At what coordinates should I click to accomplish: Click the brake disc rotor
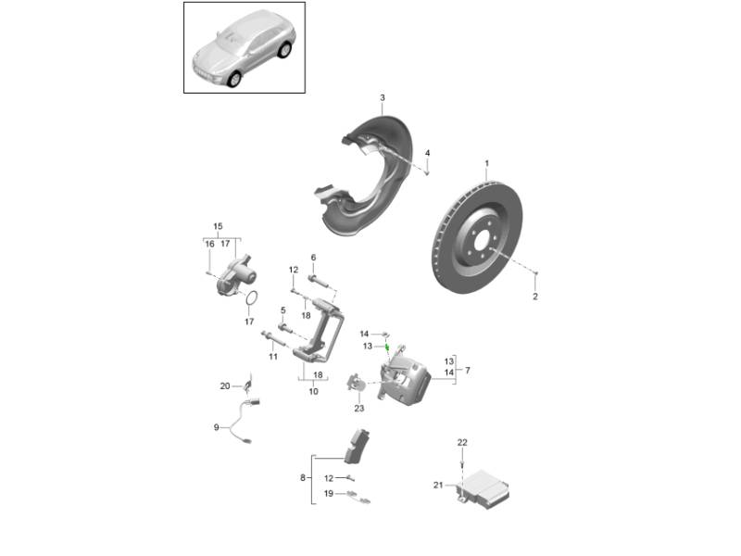coord(477,236)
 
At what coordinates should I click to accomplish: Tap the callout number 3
coord(383,98)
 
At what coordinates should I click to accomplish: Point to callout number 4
coord(427,153)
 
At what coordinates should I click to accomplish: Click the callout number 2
coord(535,297)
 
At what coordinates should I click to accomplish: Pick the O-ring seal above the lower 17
coord(252,298)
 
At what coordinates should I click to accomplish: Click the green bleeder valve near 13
coord(386,347)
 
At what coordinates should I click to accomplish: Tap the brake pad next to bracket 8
coord(357,447)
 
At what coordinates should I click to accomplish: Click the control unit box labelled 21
coord(484,488)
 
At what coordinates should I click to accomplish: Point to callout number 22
coord(462,443)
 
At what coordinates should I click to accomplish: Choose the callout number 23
coord(359,408)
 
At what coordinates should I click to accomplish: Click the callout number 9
coord(217,427)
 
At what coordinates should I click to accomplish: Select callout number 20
coord(225,386)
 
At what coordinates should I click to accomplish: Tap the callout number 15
coord(218,226)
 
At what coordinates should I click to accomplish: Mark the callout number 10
coord(313,391)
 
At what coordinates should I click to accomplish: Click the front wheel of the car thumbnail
coord(234,80)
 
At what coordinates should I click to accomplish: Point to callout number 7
coord(468,370)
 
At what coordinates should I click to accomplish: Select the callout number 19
coord(329,494)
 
